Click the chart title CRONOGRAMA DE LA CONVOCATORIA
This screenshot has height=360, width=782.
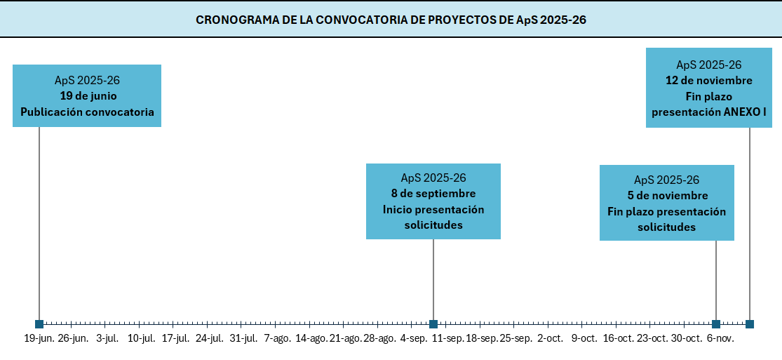coord(391,20)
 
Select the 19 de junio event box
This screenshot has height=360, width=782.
coord(87,95)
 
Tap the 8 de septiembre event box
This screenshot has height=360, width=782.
coord(433,201)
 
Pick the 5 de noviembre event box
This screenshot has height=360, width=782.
coord(667,203)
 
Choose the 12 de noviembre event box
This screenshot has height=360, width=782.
coord(709,88)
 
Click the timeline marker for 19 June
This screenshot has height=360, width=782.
coord(39,324)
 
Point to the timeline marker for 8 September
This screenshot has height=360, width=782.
coord(433,324)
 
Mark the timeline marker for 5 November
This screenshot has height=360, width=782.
coord(716,324)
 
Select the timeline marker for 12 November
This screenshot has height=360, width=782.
coord(750,324)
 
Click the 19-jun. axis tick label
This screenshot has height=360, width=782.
coord(39,339)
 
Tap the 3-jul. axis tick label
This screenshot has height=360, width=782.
coord(107,339)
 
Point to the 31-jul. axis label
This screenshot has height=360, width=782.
coord(243,339)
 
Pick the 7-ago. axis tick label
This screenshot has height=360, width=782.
coord(277,339)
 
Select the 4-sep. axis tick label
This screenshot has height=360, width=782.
coord(414,339)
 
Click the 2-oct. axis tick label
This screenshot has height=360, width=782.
coord(550,339)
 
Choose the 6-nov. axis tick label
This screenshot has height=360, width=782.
coord(720,339)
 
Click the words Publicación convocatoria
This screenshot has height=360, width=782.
coord(87,112)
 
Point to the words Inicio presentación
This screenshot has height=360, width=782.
coord(433,209)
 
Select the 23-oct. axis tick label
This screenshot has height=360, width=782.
coord(652,339)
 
